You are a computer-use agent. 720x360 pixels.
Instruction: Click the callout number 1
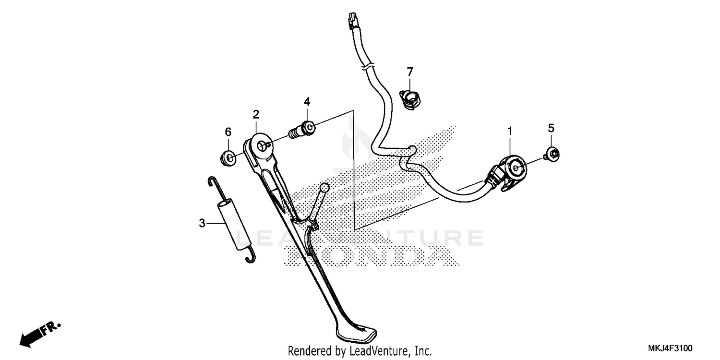coord(510,131)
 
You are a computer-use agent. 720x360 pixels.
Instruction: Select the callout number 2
coord(256,114)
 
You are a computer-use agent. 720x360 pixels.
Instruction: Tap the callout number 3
coord(202,223)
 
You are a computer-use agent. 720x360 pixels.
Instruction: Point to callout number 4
coord(307,102)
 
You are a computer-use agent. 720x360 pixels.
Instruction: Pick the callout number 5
coord(551,128)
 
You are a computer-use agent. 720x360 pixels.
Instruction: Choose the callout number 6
coord(228,132)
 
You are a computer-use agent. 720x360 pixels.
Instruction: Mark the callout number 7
coord(410,72)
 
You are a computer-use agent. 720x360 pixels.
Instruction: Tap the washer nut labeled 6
coord(228,158)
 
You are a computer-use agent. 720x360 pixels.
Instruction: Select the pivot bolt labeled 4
coord(302,130)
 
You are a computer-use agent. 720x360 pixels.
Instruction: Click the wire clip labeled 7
coord(410,100)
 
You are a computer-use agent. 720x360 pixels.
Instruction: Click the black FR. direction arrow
coord(40,334)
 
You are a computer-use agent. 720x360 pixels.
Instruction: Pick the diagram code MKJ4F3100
coord(670,348)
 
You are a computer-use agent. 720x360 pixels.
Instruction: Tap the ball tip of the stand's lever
coord(324,188)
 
